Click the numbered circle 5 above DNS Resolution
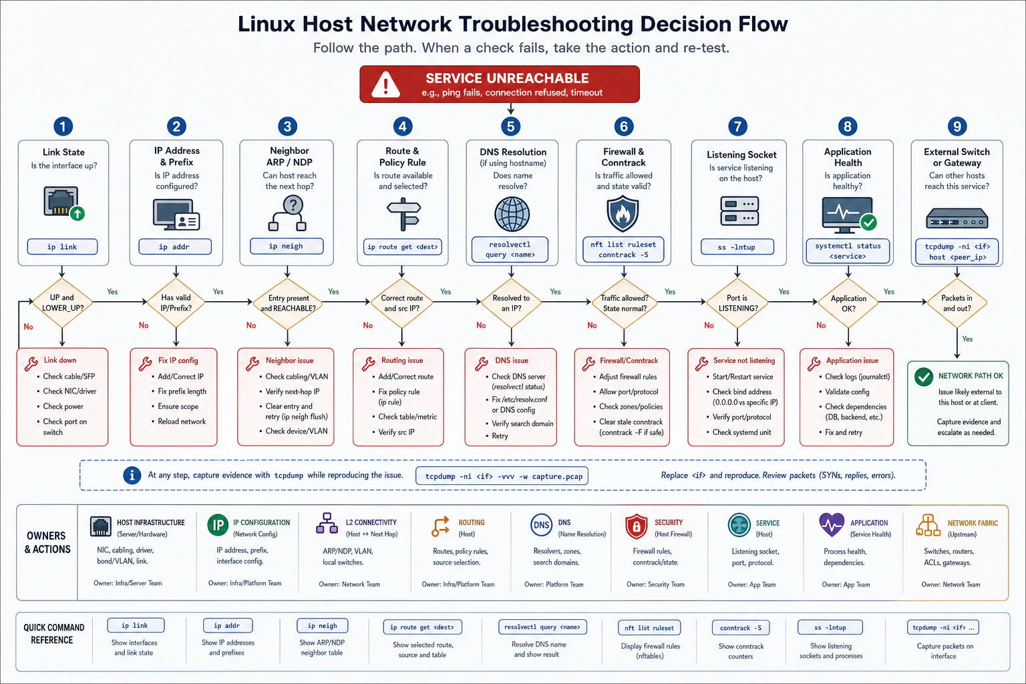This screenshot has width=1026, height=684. pyautogui.click(x=511, y=126)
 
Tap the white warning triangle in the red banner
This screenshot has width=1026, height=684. pyautogui.click(x=385, y=85)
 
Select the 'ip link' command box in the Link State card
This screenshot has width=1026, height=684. pyautogui.click(x=62, y=246)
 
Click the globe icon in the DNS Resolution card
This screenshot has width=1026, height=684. pyautogui.click(x=512, y=214)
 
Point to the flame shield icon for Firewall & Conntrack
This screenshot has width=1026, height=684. pyautogui.click(x=623, y=214)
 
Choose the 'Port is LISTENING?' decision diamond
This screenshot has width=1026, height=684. pyautogui.click(x=737, y=303)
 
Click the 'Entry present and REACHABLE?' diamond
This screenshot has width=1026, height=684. pyautogui.click(x=288, y=303)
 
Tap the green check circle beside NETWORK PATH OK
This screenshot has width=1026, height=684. pyautogui.click(x=923, y=377)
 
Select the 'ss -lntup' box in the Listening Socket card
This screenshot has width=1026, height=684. pyautogui.click(x=737, y=247)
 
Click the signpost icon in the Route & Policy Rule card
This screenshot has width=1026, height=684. pyautogui.click(x=403, y=214)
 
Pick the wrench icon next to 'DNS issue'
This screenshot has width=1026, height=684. pyautogui.click(x=482, y=364)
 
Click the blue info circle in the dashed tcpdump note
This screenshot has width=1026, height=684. pyautogui.click(x=132, y=475)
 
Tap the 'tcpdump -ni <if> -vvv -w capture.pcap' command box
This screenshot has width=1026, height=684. pyautogui.click(x=502, y=476)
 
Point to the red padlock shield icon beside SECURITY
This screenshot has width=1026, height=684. pyautogui.click(x=636, y=526)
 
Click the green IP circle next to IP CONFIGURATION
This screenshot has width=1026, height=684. pyautogui.click(x=218, y=525)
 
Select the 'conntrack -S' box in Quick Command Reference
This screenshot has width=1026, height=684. pyautogui.click(x=741, y=628)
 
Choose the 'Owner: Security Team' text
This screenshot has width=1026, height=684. pyautogui.click(x=655, y=584)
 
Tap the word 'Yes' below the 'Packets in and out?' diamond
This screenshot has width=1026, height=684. pyautogui.click(x=967, y=339)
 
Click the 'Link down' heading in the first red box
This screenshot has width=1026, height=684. pyautogui.click(x=60, y=360)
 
